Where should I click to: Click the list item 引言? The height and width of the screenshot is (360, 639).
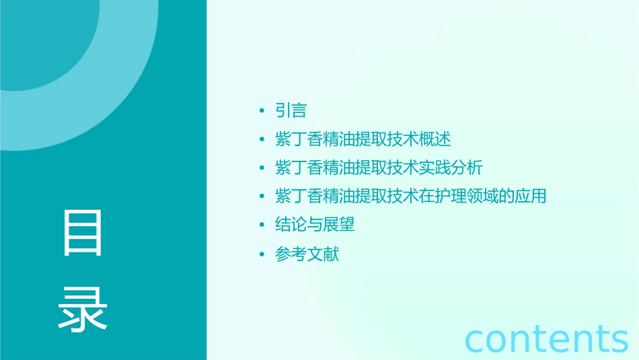coord(291,110)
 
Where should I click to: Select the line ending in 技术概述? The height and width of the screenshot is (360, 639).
coord(363,139)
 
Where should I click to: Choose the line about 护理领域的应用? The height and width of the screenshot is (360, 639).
coord(411,196)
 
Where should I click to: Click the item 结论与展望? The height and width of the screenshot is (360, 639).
coord(315,225)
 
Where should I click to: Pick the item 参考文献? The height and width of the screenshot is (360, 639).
coord(307,254)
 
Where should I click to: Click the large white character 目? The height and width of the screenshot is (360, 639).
coord(83,233)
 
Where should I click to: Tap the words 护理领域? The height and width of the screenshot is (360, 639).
coord(467,196)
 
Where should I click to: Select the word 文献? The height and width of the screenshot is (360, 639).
coord(324,254)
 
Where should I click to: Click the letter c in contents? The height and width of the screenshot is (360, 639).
coord(476,339)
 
